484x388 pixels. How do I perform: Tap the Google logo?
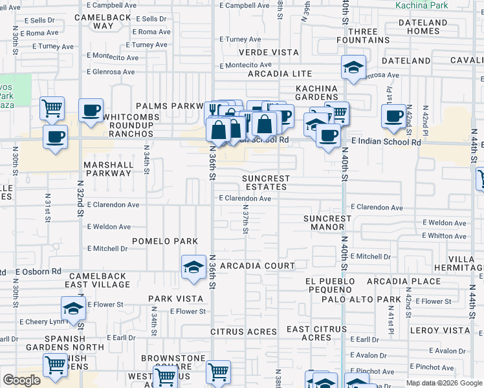point(21,380)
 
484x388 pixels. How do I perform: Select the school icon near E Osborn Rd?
point(193,267)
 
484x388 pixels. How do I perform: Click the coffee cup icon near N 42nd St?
point(393,116)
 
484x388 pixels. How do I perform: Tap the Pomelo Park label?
point(165,241)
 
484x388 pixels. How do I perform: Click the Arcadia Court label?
point(258,266)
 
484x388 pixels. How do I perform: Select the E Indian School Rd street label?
point(386,142)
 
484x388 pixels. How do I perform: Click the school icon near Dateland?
point(353,67)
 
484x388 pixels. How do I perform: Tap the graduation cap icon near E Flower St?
point(74,308)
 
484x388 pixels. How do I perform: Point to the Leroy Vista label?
point(443,330)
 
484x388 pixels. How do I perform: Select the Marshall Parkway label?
point(108,169)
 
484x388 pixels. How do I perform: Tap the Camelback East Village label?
point(98,280)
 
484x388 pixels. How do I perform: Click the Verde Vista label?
point(269,52)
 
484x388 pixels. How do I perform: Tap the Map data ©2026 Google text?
point(444,383)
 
